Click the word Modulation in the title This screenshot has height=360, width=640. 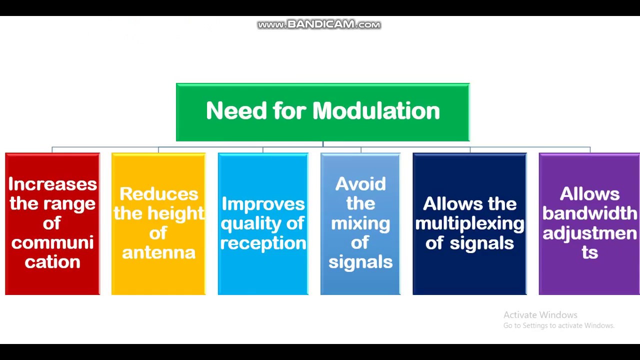click(375, 110)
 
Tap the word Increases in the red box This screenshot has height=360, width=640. click(52, 184)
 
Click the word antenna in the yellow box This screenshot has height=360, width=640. click(158, 252)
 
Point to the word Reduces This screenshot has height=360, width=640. click(158, 194)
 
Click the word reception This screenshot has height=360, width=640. click(263, 243)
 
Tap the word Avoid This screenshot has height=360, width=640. click(360, 184)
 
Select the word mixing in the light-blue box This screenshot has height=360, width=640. click(360, 223)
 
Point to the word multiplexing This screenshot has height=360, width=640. click(469, 223)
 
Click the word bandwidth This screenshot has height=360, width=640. click(589, 213)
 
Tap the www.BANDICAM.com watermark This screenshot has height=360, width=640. click(319, 24)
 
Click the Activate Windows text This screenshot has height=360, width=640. click(540, 315)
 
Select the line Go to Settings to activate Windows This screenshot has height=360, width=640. click(558, 325)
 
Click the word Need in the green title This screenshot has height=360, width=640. click(236, 110)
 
